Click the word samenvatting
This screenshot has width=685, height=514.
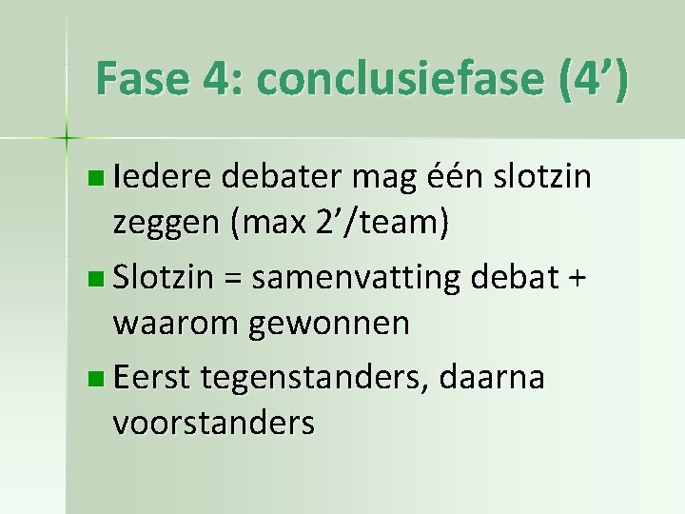click(x=357, y=278)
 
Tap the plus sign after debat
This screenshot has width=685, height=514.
click(x=579, y=278)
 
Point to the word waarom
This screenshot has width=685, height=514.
click(x=176, y=324)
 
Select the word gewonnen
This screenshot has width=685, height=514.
click(x=329, y=324)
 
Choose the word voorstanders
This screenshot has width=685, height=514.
click(x=213, y=423)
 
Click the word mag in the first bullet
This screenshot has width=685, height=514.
click(x=382, y=178)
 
